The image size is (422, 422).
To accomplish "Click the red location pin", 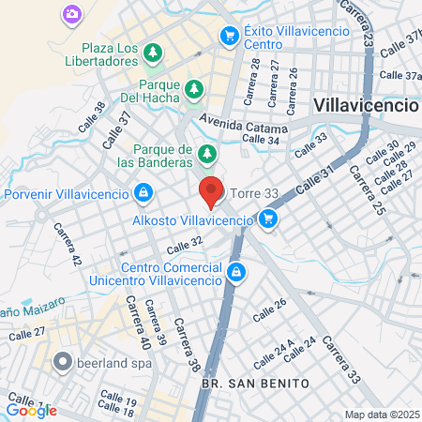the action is click(211, 191).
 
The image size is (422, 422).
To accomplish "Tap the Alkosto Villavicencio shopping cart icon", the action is click(269, 219).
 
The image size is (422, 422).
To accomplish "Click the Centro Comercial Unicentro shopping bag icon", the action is click(237, 272).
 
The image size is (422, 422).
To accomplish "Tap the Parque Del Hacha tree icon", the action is click(194, 89).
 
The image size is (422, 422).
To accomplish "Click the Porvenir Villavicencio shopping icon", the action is click(143, 194).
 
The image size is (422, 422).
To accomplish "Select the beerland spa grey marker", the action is click(63, 360).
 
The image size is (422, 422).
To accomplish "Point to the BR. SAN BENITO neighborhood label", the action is click(242, 384).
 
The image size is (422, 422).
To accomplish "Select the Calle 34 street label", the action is click(261, 140).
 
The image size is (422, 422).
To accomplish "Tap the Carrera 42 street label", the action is click(65, 244).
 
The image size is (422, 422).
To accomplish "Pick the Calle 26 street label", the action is click(268, 307).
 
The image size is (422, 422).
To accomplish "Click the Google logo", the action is click(31, 410).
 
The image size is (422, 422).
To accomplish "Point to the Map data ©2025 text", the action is click(381, 414).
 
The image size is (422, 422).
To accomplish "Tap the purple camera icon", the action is click(72, 14).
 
